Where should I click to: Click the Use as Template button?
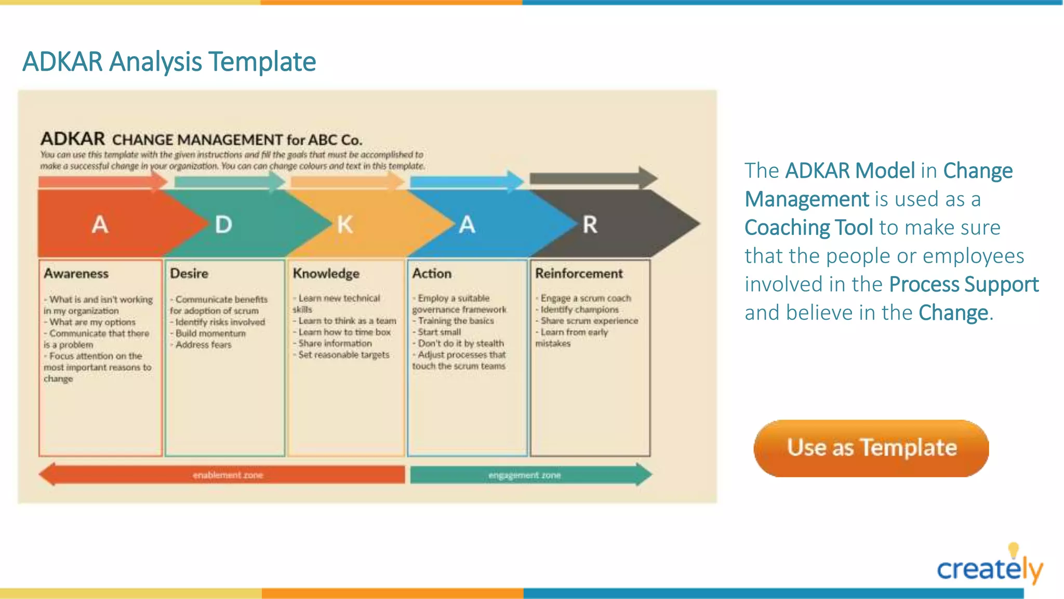(871, 448)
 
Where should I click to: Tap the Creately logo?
(989, 567)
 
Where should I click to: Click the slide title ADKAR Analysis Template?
(169, 61)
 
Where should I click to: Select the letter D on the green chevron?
(223, 225)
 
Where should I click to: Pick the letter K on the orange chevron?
(345, 225)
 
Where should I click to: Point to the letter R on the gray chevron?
(590, 225)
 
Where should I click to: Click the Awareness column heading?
(76, 274)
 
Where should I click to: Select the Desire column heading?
(189, 274)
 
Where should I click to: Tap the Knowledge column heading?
(326, 274)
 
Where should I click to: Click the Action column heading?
(432, 274)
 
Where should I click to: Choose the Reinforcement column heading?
(579, 274)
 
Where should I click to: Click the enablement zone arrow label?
(228, 475)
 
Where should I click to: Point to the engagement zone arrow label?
(524, 475)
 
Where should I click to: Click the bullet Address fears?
(203, 345)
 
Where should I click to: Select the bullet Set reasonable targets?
(343, 355)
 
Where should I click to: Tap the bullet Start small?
(439, 332)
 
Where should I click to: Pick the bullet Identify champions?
(579, 309)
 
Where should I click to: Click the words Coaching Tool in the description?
(808, 228)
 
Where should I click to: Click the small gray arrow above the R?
(592, 178)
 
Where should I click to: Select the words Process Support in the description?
(964, 284)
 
